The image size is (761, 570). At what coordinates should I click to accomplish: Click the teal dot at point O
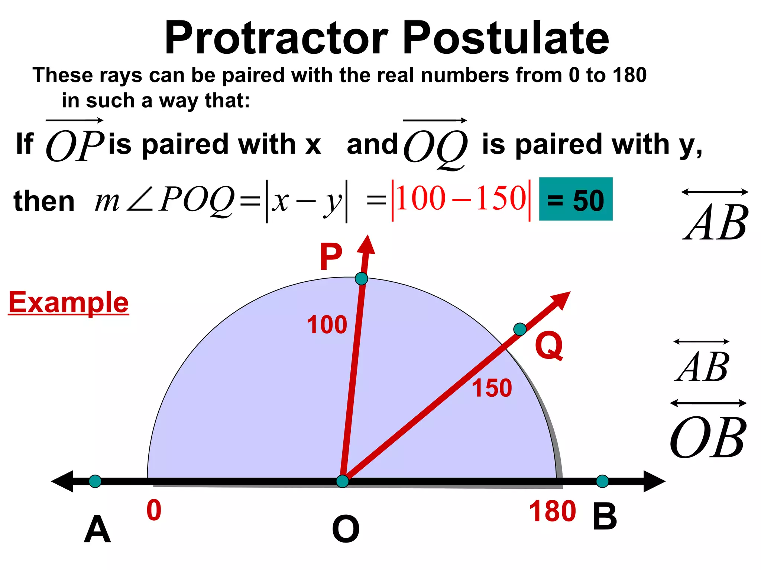342,481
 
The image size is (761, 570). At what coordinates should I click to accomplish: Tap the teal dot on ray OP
361,278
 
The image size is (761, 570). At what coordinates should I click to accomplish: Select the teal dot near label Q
519,329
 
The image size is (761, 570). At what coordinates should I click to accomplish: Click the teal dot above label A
95,481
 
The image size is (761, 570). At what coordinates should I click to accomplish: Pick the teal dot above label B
602,481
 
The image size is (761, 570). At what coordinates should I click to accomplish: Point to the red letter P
331,257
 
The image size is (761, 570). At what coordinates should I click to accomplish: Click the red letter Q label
549,346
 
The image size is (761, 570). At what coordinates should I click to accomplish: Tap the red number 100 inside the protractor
327,325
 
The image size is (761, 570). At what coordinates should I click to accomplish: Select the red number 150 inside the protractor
492,388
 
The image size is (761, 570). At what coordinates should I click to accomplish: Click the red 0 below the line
154,511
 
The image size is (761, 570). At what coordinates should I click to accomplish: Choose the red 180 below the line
552,511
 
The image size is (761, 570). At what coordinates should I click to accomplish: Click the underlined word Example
69,303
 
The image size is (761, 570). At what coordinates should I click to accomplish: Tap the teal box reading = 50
576,200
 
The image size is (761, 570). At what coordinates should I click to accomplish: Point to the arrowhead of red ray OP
367,245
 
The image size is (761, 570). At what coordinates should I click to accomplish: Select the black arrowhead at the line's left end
62,481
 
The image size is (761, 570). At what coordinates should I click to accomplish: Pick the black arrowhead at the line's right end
654,481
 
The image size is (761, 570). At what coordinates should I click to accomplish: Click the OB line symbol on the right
708,432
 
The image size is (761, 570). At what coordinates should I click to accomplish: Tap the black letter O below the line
346,529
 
